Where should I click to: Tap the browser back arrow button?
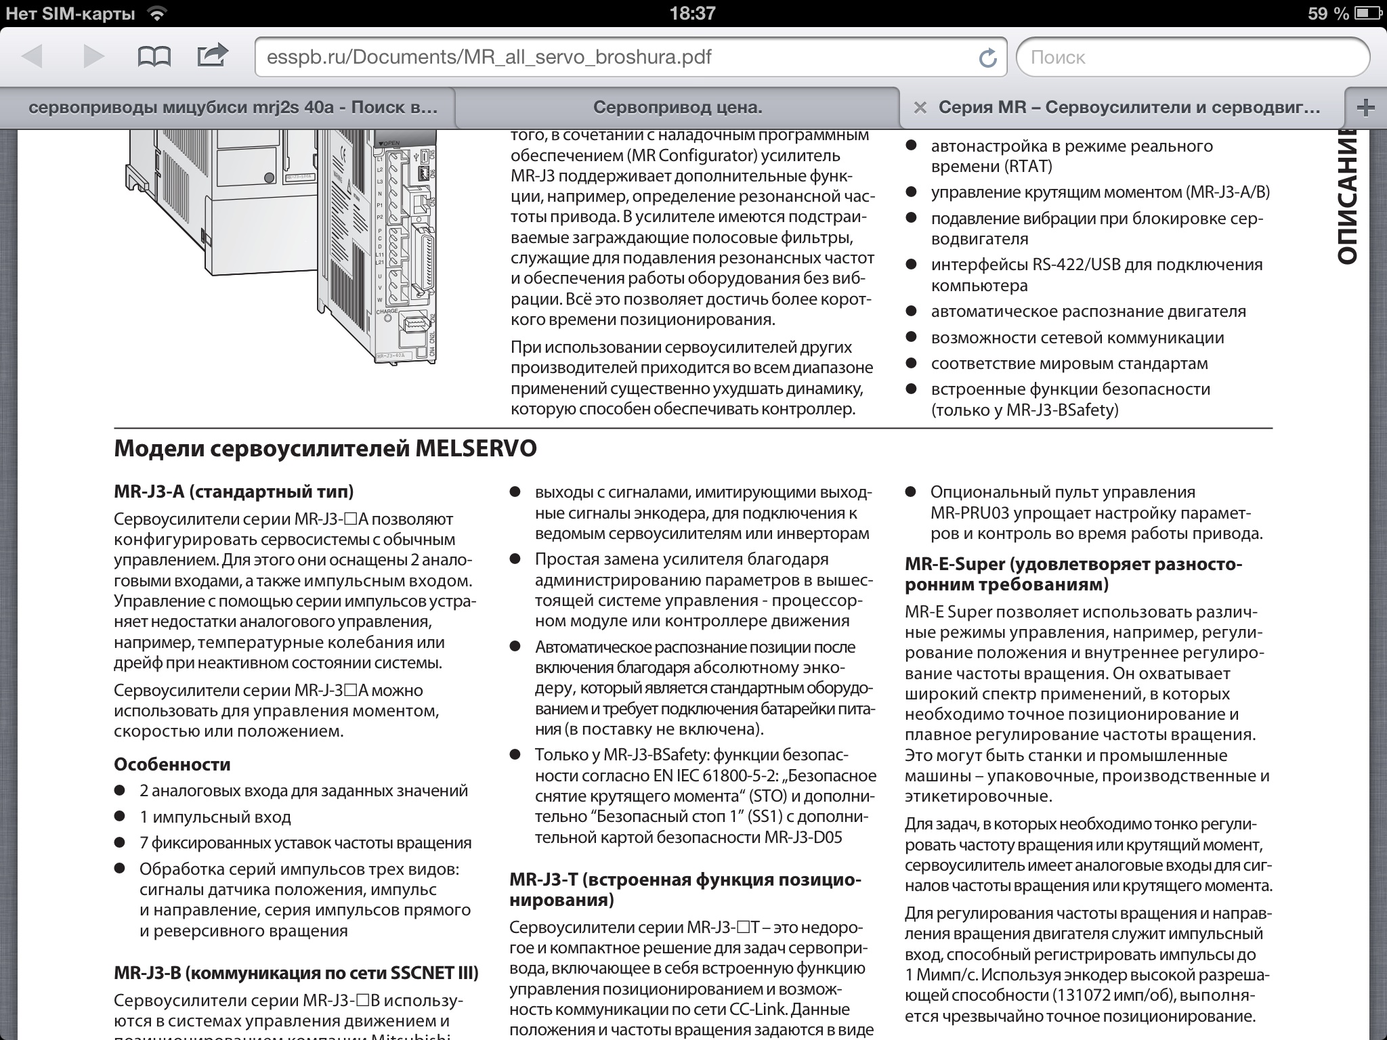pyautogui.click(x=33, y=56)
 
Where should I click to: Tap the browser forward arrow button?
pyautogui.click(x=93, y=56)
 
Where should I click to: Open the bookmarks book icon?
pyautogui.click(x=154, y=56)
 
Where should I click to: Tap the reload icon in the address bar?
pyautogui.click(x=988, y=58)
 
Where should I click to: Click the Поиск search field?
pyautogui.click(x=1192, y=57)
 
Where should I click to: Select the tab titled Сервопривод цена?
pyautogui.click(x=677, y=107)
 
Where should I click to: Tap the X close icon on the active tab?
pyautogui.click(x=920, y=108)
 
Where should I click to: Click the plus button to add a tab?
pyautogui.click(x=1366, y=107)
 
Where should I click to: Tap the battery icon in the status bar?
pyautogui.click(x=1365, y=14)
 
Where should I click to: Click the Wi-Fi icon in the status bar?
pyautogui.click(x=157, y=14)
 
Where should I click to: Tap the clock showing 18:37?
pyautogui.click(x=692, y=14)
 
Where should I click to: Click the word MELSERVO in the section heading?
pyautogui.click(x=476, y=448)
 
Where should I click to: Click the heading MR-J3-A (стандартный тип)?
pyautogui.click(x=234, y=492)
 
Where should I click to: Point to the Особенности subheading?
pyautogui.click(x=172, y=764)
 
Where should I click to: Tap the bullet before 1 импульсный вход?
pyautogui.click(x=120, y=817)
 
